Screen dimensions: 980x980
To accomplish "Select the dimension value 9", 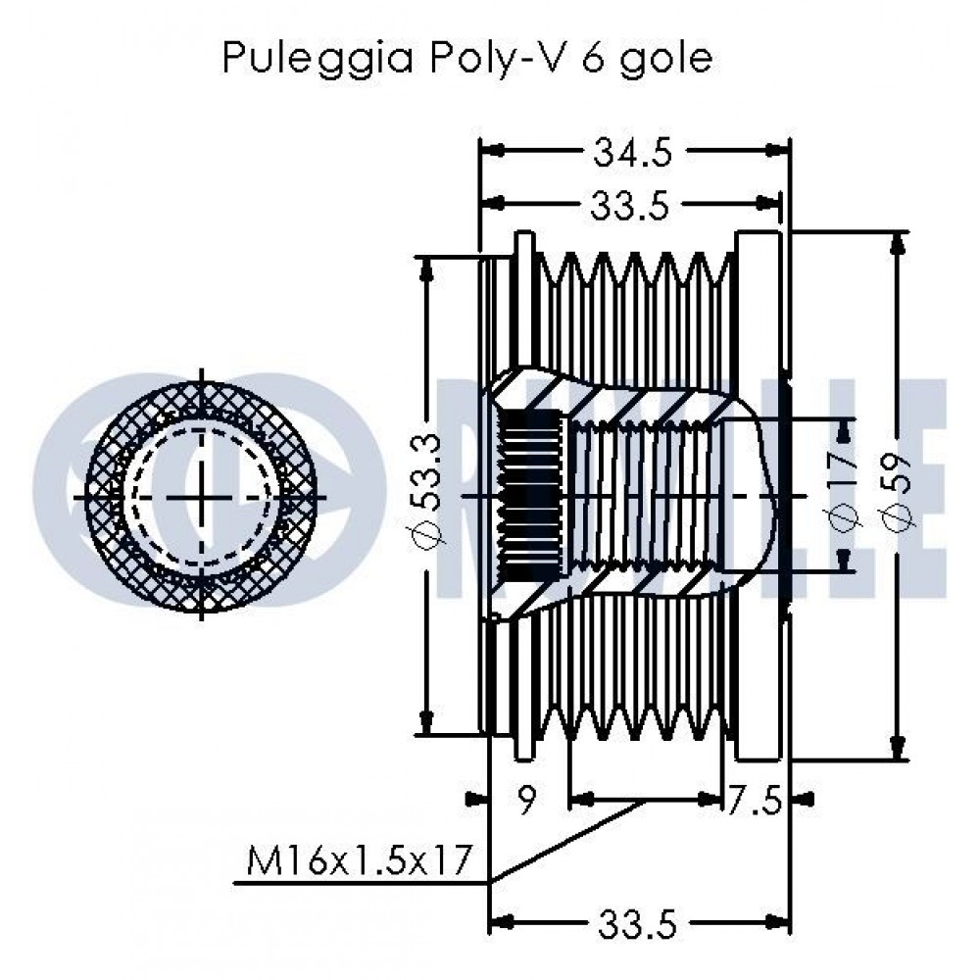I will click(x=526, y=801).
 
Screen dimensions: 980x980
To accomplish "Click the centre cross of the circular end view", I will click(x=203, y=497).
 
